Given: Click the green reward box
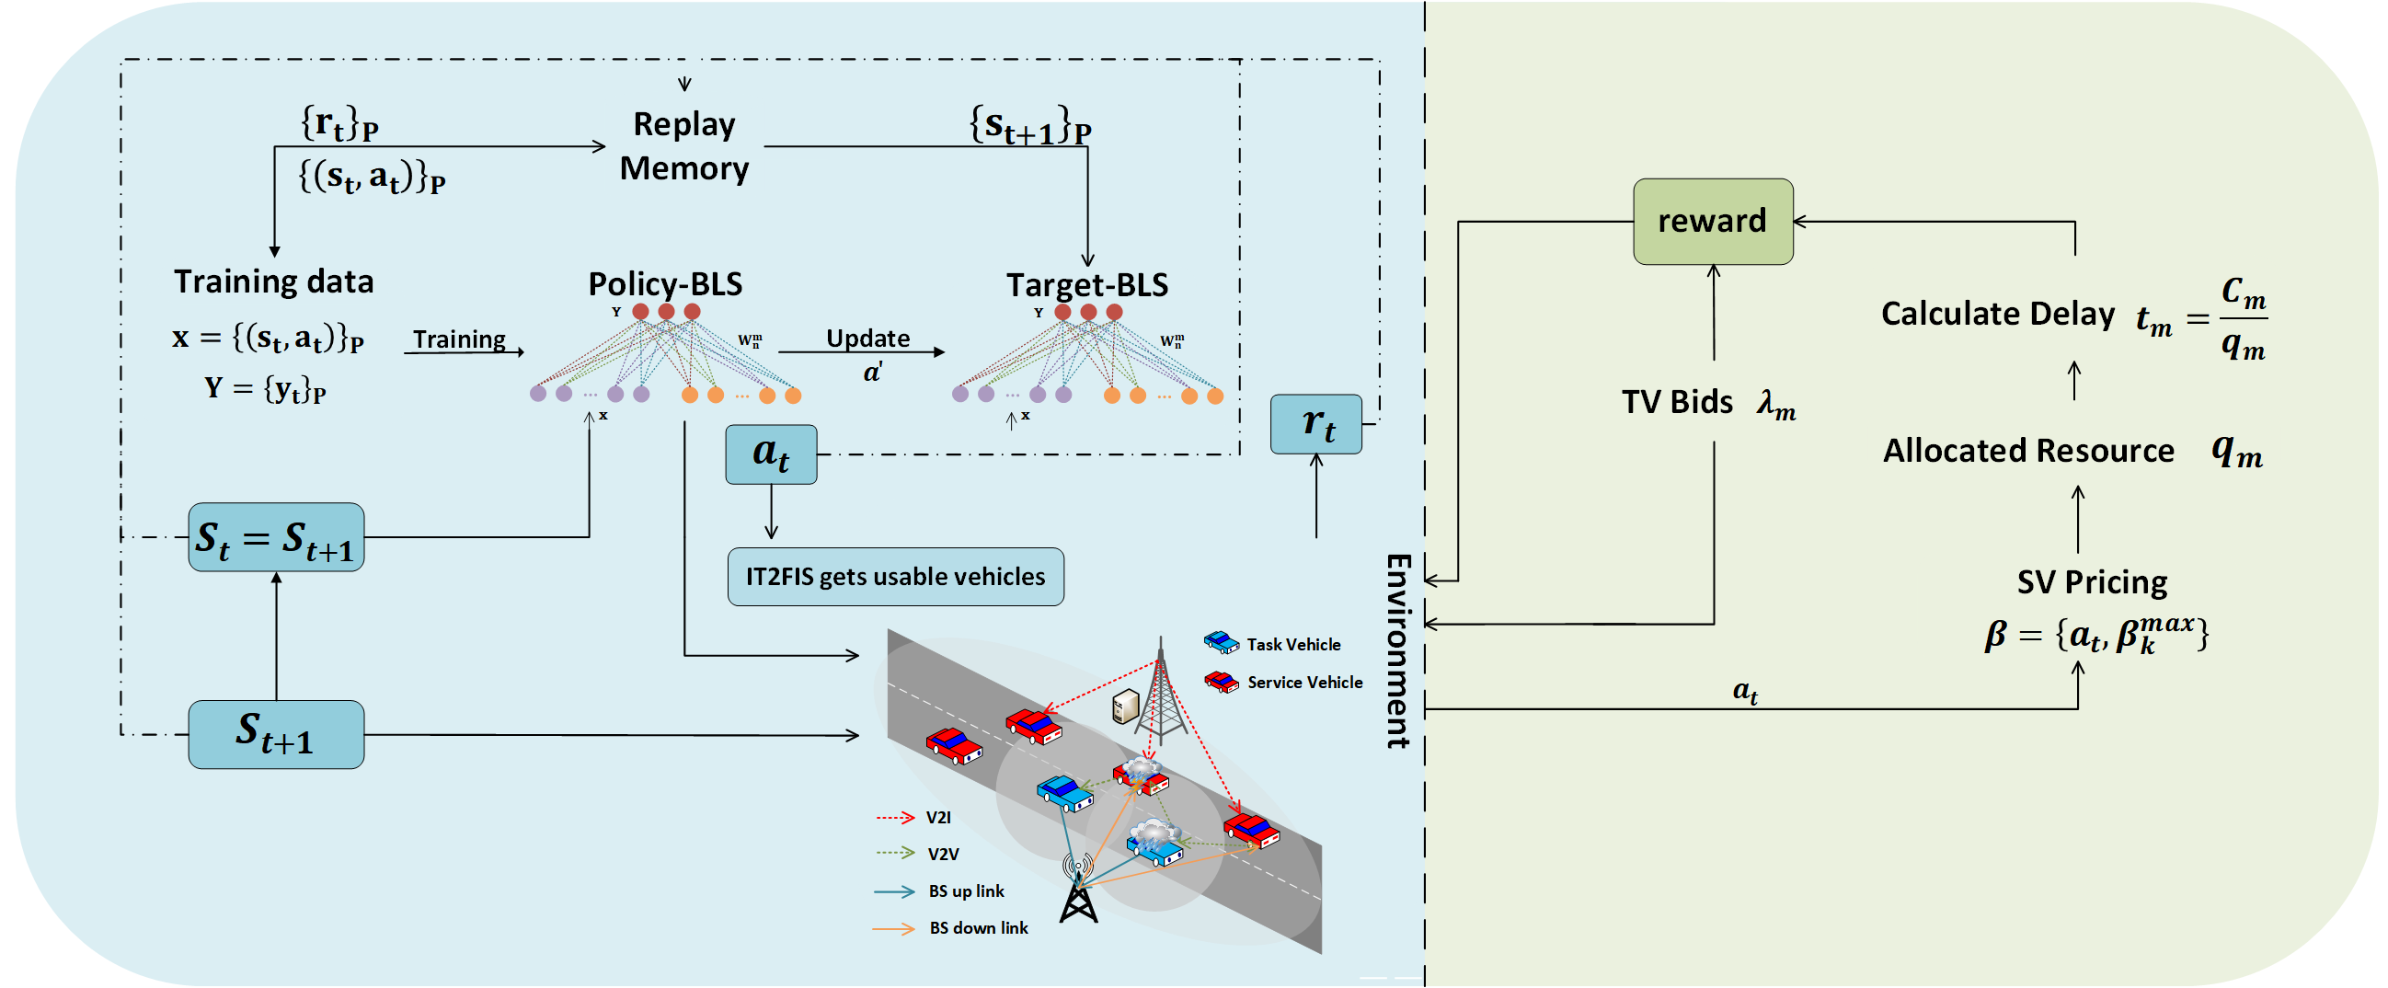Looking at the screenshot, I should point(1712,222).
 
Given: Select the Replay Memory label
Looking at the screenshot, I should point(684,146).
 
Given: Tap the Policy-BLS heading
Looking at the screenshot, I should point(666,283).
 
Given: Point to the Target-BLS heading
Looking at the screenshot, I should point(1087,284).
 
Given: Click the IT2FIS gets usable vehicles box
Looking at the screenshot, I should point(896,577).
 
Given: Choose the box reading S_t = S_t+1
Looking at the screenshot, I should point(276,537).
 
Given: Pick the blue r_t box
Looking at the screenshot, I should point(1316,424).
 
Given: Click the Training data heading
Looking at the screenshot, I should point(273,281).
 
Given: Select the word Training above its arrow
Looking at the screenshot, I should point(460,339).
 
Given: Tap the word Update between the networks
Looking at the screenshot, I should point(867,339).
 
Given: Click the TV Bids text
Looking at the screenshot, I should point(1677,402).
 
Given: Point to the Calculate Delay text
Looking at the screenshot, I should point(1998,315).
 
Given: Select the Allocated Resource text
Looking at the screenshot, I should point(2028,452).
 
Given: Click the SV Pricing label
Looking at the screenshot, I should point(2093,583).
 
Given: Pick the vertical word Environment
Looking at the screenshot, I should point(1398,650).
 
